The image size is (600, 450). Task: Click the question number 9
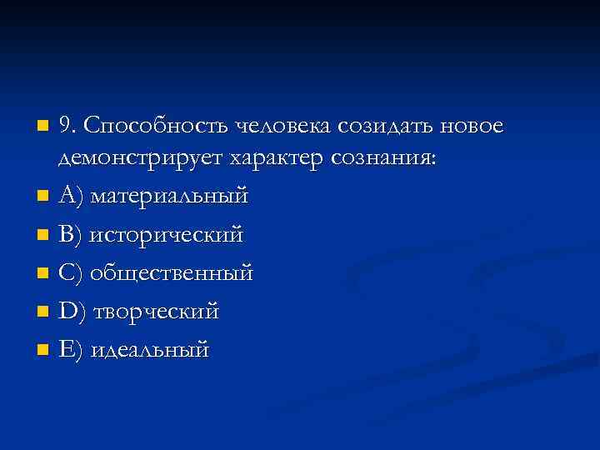pyautogui.click(x=67, y=126)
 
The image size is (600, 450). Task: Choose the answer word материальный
pyautogui.click(x=169, y=197)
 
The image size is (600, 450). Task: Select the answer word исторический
pyautogui.click(x=167, y=236)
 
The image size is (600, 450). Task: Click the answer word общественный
pyautogui.click(x=172, y=273)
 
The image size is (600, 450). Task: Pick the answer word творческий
pyautogui.click(x=157, y=312)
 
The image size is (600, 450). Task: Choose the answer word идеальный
pyautogui.click(x=150, y=349)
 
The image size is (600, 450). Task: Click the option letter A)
pyautogui.click(x=70, y=197)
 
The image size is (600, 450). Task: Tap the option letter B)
pyautogui.click(x=70, y=236)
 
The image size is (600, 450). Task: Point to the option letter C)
pyautogui.click(x=70, y=273)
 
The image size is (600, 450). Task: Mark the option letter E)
pyautogui.click(x=70, y=349)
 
